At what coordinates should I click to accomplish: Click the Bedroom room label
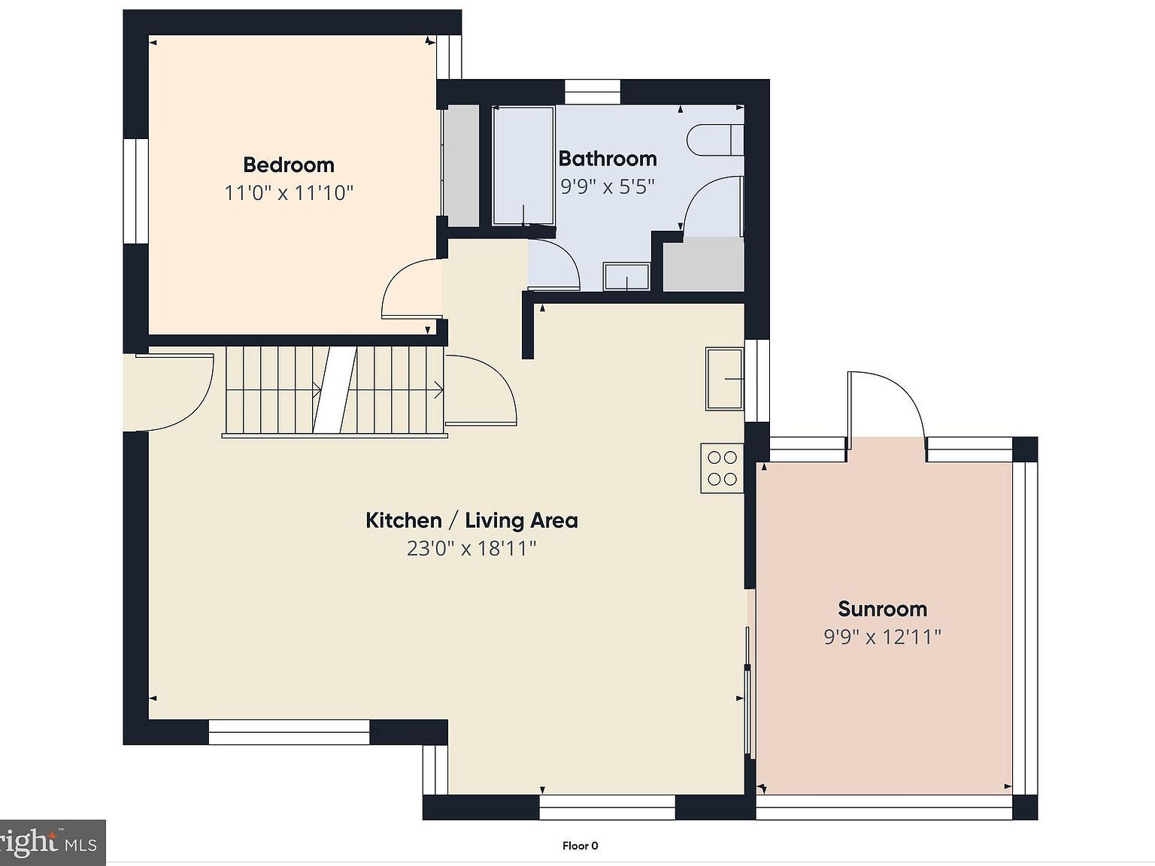[x=289, y=165]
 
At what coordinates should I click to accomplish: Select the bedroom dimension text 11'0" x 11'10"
[x=289, y=193]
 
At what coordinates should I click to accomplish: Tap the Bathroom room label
[x=608, y=159]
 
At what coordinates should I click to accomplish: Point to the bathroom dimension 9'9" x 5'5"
[x=608, y=186]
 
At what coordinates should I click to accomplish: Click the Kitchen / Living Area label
[x=471, y=520]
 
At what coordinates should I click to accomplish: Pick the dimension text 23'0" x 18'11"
[x=471, y=549]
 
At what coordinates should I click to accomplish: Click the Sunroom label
[x=882, y=609]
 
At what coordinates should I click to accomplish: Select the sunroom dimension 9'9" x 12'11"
[x=882, y=637]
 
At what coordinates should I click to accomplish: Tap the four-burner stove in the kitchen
[x=723, y=468]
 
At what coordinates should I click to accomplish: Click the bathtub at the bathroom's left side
[x=523, y=165]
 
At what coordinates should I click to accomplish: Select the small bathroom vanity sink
[x=626, y=277]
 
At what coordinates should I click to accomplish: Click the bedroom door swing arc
[x=410, y=289]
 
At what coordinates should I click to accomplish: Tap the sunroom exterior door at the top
[x=887, y=410]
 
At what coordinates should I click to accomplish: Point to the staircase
[x=335, y=391]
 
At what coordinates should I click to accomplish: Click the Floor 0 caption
[x=580, y=846]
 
